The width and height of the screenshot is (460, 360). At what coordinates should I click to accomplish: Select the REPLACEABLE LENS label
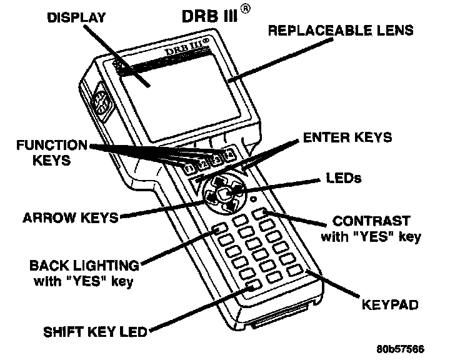[341, 30]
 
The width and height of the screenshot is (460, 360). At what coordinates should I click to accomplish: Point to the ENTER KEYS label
[347, 136]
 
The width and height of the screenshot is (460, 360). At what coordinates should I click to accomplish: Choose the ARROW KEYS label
[71, 218]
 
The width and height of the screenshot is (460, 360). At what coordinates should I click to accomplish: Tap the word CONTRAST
[371, 221]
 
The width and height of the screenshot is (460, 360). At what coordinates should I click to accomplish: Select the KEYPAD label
[389, 306]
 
